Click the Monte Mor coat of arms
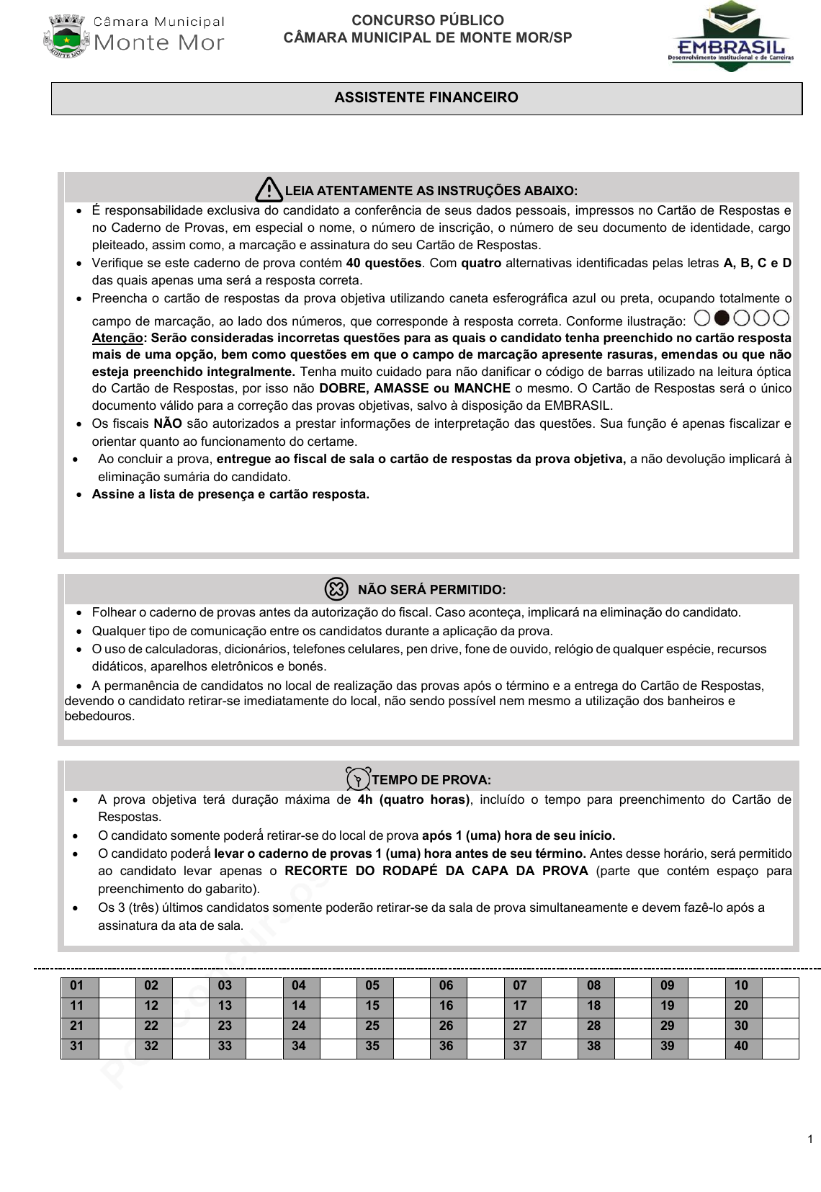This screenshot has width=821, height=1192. (66, 36)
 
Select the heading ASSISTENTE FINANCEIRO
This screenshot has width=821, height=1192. (426, 98)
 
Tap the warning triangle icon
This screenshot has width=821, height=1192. (269, 189)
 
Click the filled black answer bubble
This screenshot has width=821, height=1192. (722, 318)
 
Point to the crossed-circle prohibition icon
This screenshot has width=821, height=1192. (336, 589)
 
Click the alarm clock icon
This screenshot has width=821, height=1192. (358, 779)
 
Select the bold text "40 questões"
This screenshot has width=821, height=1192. (383, 263)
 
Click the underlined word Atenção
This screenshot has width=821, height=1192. (117, 338)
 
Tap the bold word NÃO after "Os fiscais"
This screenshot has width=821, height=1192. (167, 424)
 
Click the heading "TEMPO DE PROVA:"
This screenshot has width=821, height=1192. (431, 780)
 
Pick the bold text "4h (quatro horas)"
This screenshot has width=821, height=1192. (413, 799)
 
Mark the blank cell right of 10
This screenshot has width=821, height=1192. (780, 985)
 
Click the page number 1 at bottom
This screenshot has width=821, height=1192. (810, 1139)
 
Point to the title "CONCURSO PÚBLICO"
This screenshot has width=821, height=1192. (428, 21)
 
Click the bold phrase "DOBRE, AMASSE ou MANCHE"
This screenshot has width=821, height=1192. (415, 388)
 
